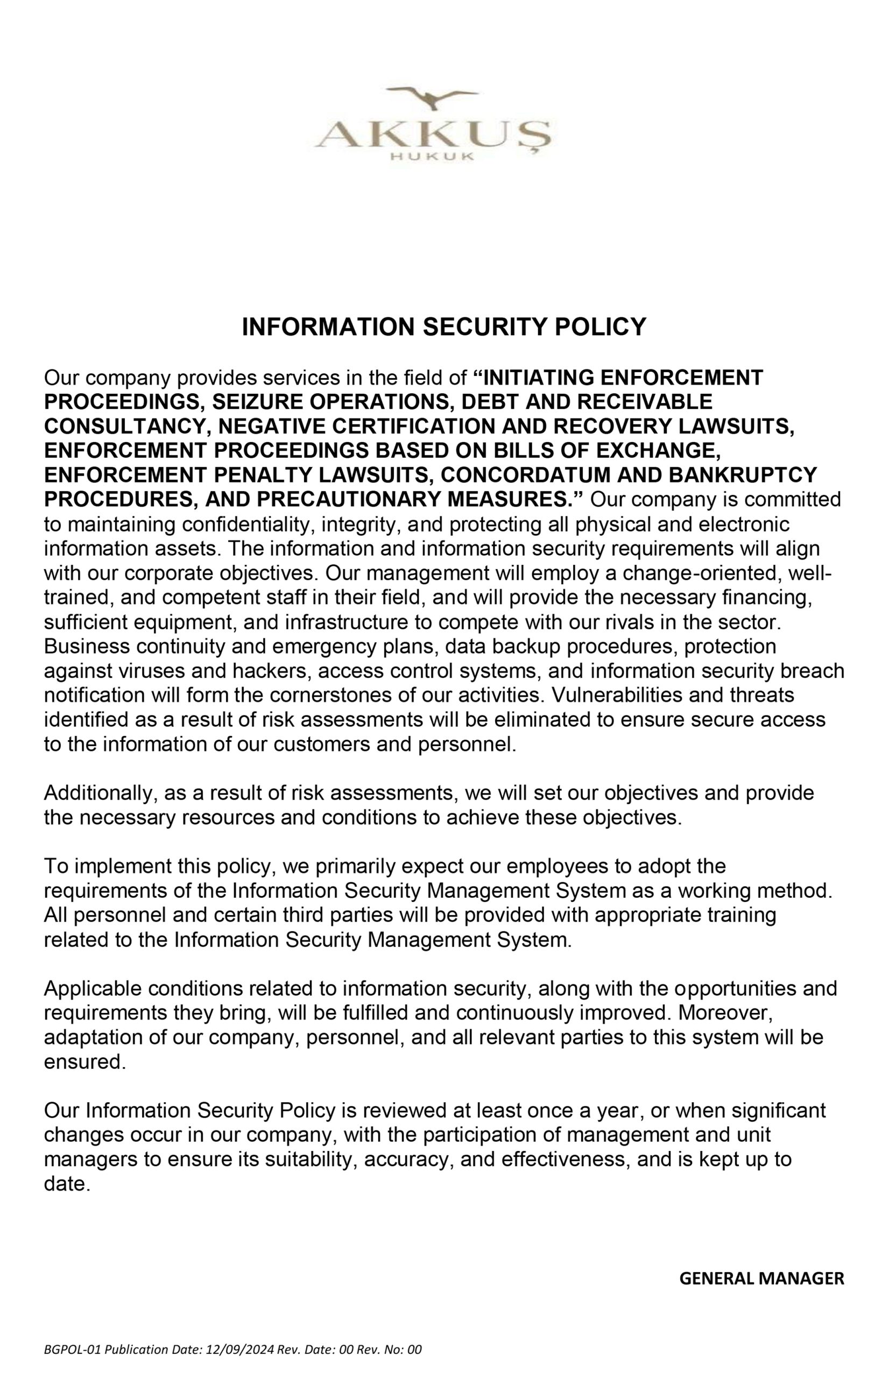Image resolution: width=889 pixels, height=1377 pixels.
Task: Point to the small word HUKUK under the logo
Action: point(432,157)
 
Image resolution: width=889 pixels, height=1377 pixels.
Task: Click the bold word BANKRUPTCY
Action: point(743,475)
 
